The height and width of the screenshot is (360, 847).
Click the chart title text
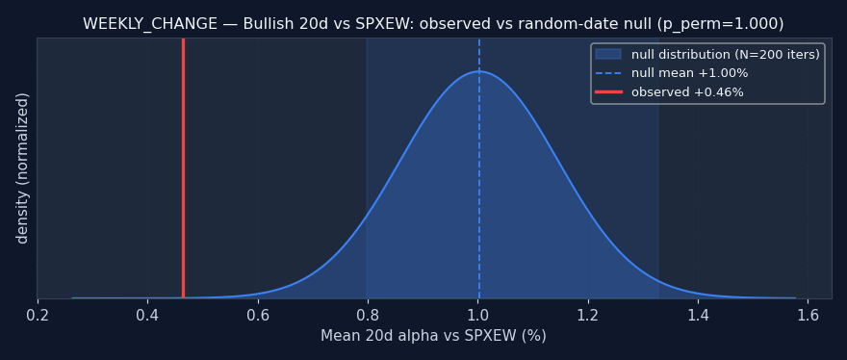click(433, 24)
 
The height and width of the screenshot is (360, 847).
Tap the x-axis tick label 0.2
click(38, 314)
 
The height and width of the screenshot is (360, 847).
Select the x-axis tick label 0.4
click(147, 314)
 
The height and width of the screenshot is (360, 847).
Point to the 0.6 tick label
click(258, 314)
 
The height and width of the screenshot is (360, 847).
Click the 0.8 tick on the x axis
click(368, 314)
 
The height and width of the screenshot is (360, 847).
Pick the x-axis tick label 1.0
click(477, 314)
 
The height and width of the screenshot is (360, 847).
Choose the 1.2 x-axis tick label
click(588, 314)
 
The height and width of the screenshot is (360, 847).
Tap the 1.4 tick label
click(698, 314)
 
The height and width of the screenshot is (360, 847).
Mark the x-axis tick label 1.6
click(808, 314)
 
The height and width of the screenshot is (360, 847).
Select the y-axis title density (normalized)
click(22, 168)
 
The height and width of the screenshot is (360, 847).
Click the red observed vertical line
click(183, 168)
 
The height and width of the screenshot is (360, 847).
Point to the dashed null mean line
click(479, 168)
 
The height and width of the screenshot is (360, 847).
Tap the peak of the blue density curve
click(479, 71)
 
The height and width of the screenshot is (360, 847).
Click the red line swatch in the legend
click(608, 92)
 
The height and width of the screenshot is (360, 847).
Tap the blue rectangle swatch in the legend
click(608, 54)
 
